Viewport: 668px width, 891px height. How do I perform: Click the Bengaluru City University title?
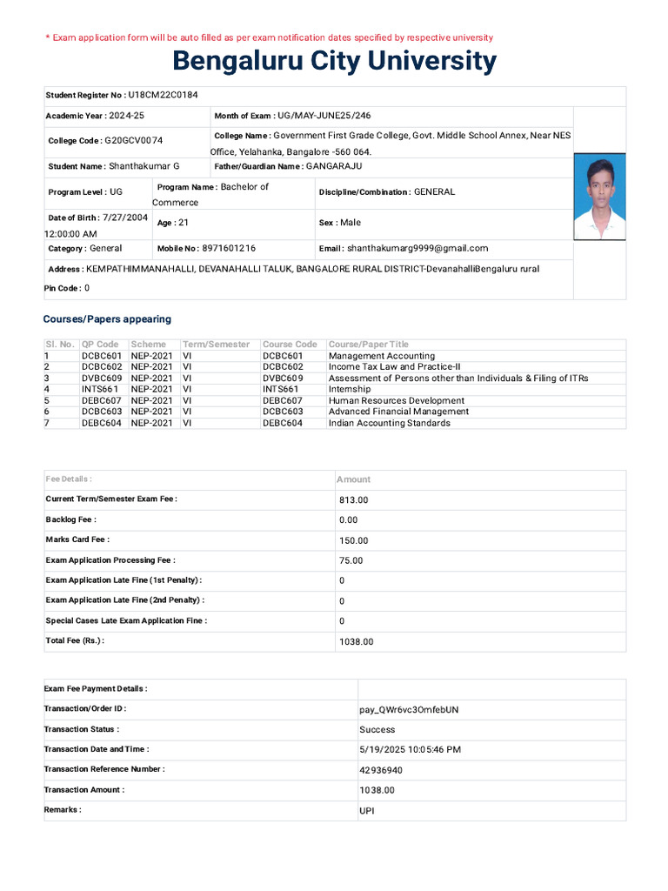[x=334, y=62]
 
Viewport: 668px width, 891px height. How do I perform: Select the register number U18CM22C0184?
[x=163, y=94]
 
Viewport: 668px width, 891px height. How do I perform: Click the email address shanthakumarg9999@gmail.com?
[x=417, y=248]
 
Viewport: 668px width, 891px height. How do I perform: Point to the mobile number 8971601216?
[x=229, y=248]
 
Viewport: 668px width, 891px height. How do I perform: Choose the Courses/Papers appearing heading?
[x=107, y=319]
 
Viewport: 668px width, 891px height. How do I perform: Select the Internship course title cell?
[x=350, y=389]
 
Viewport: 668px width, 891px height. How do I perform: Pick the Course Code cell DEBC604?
[x=283, y=423]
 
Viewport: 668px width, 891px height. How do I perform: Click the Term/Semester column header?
[x=216, y=345]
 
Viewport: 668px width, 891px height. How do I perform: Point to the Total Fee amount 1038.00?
[x=357, y=641]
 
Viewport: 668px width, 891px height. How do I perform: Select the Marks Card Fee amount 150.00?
[x=354, y=540]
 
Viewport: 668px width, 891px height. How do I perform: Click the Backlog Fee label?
[x=71, y=519]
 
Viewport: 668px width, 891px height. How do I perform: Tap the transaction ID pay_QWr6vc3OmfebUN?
[x=409, y=709]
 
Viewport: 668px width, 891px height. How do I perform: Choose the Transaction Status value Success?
[x=377, y=730]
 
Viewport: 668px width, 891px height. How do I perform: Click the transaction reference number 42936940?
[x=381, y=770]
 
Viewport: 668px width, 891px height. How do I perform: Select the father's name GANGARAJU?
[x=334, y=165]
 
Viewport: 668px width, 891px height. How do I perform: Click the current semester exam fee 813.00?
[x=354, y=500]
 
